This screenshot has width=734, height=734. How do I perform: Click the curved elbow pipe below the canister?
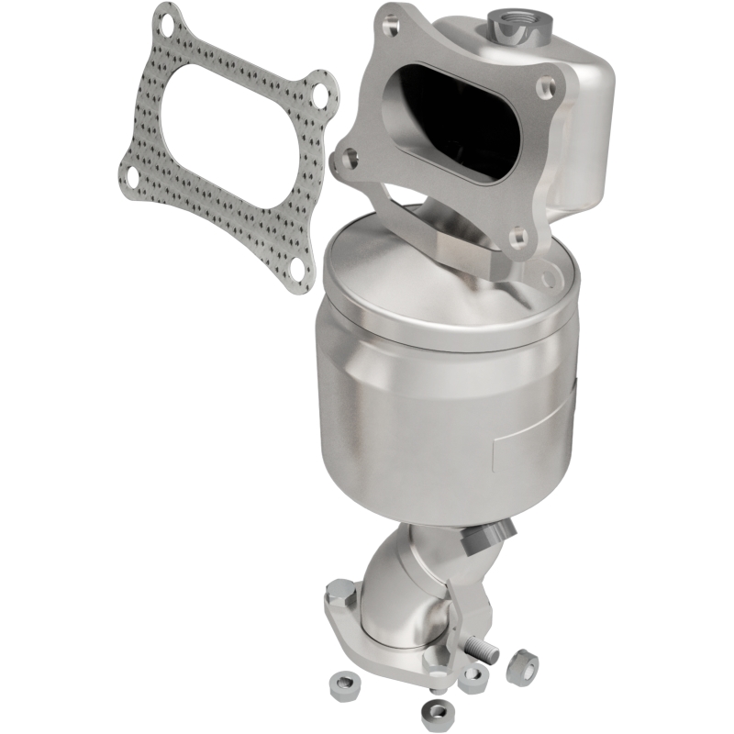(404, 587)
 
